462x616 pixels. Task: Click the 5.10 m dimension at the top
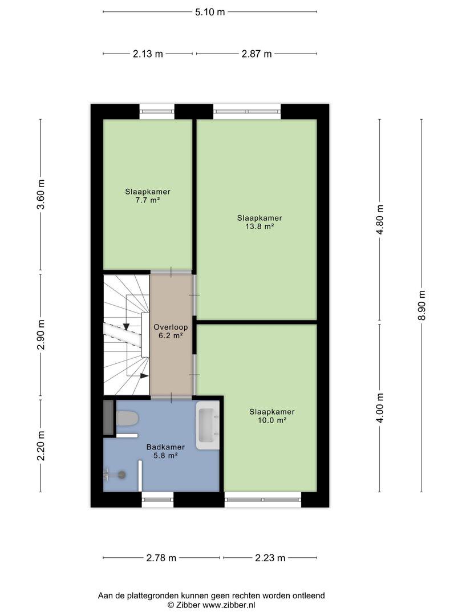210,11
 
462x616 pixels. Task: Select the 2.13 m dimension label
148,54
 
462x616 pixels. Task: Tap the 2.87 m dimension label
256,54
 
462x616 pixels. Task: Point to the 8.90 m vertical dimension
422,306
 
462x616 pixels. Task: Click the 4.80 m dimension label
380,220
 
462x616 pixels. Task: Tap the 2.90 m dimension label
40,335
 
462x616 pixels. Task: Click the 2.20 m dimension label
40,445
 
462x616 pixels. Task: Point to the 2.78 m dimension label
161,558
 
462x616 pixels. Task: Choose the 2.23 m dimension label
270,558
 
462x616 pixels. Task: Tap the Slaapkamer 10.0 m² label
271,416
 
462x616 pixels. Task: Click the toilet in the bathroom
127,419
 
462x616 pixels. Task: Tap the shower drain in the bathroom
121,473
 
